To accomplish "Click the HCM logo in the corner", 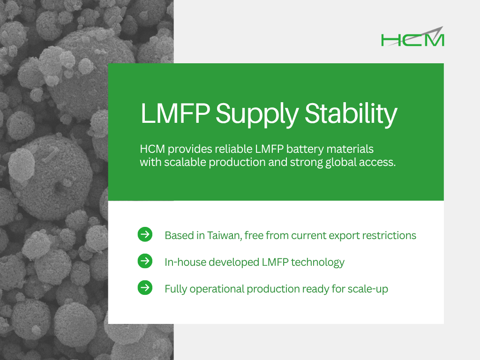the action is (x=412, y=37).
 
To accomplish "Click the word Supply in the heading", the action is (x=257, y=114).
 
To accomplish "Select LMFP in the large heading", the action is (x=175, y=113).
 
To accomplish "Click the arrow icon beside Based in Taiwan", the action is (x=145, y=234).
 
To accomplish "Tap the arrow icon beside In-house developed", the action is (x=145, y=261).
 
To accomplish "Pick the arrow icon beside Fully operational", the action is (x=145, y=288).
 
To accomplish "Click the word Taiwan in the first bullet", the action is (x=225, y=235).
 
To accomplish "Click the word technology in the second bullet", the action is (x=317, y=262).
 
